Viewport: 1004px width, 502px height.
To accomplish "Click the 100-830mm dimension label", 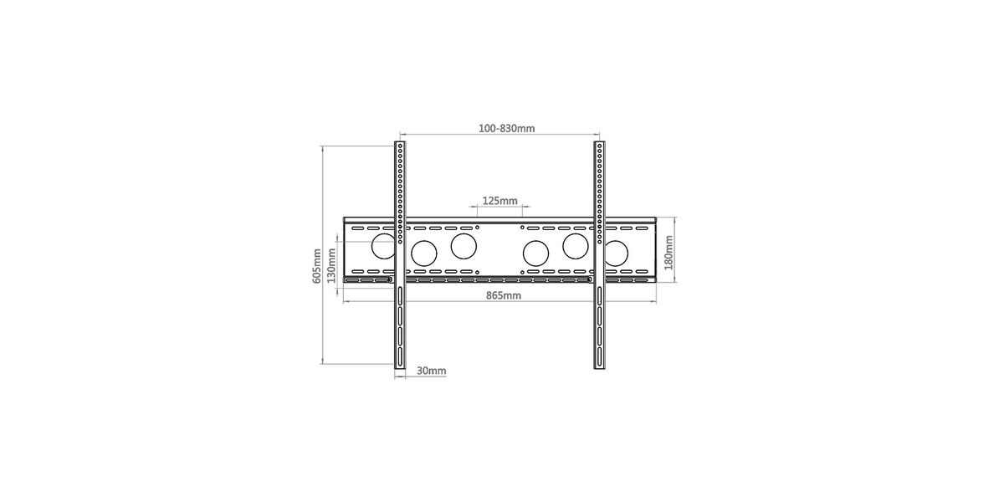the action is pos(506,128).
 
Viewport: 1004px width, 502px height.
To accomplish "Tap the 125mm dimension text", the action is pos(499,201).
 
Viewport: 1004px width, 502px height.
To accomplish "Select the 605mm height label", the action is pos(316,266).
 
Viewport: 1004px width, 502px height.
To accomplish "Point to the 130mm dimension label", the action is pos(331,266).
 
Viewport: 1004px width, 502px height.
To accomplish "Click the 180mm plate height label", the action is pos(668,253).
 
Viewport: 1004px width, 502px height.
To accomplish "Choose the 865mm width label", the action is pos(504,295).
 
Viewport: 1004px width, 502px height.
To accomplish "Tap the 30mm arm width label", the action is pos(431,371).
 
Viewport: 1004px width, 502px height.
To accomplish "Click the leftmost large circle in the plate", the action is pos(383,246).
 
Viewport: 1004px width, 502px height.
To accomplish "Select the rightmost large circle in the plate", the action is pos(617,254).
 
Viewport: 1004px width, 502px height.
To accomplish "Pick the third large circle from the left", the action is pos(464,246).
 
